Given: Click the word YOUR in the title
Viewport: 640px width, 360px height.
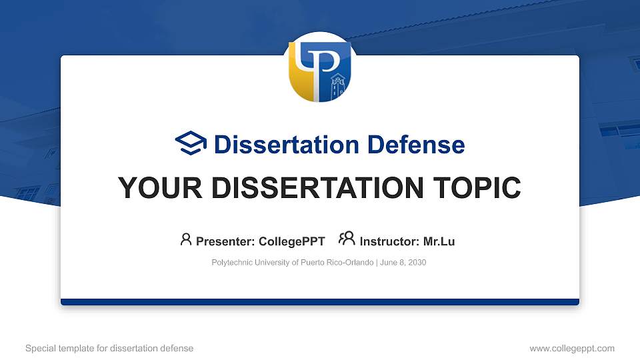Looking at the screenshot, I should (x=153, y=189).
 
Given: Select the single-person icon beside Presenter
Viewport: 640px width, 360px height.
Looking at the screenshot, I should (x=186, y=239).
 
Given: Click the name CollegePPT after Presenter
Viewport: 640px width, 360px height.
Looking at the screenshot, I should (x=292, y=241).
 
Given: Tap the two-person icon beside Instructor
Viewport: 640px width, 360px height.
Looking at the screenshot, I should (x=347, y=239).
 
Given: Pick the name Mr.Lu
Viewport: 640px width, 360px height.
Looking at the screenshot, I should (x=439, y=241).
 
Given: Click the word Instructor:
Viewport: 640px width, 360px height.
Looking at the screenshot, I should (x=389, y=241).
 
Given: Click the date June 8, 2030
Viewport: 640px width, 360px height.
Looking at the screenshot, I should (x=403, y=263).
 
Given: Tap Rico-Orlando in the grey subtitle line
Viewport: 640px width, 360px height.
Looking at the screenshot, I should (x=351, y=263).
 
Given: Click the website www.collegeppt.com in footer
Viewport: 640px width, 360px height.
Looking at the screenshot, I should (x=572, y=348).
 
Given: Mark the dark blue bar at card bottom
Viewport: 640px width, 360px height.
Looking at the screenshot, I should (x=320, y=302).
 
